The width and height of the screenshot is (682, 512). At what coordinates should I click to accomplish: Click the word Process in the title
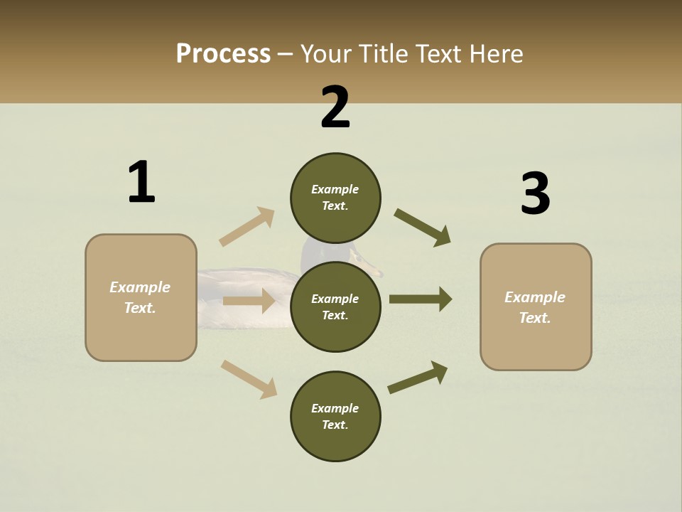pos(223,54)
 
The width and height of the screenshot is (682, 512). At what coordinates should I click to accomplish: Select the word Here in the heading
pos(495,54)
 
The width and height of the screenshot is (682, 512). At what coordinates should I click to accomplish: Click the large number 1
pos(141,182)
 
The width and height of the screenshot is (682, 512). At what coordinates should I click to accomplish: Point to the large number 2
pos(335,107)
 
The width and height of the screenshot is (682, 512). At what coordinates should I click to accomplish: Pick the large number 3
pos(535,194)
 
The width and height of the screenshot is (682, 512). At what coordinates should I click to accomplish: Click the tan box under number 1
pos(141,297)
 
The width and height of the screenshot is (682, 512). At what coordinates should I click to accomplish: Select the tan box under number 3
pos(536,307)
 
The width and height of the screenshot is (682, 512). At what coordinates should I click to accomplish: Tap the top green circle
pos(335,198)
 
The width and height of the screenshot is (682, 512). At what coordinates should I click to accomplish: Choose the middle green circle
pos(335,306)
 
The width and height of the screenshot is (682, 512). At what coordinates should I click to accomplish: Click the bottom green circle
pos(335,416)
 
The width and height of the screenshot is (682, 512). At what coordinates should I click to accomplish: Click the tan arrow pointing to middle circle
pos(249,301)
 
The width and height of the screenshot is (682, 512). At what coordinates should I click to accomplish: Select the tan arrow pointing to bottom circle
pos(249,379)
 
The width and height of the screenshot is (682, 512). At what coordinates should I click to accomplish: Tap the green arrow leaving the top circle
pos(423,228)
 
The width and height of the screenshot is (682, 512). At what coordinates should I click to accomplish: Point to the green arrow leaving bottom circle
pos(418,377)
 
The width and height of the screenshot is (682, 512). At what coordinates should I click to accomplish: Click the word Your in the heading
pos(328,54)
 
